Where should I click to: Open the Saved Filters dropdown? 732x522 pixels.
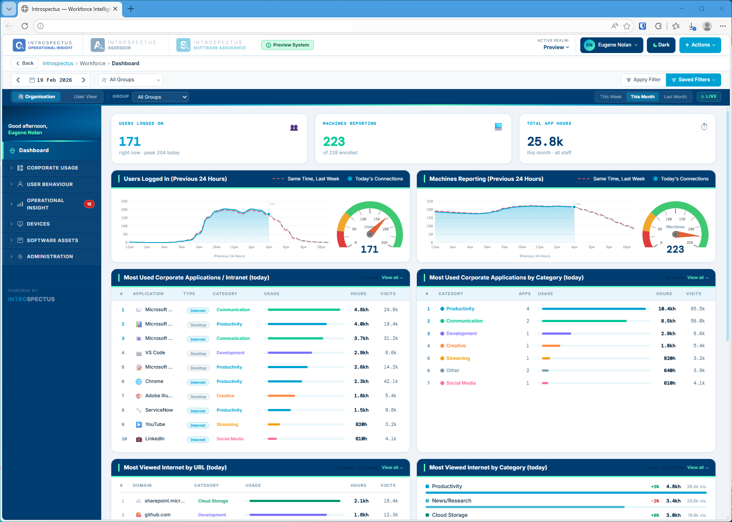click(693, 80)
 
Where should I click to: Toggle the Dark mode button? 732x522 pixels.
click(661, 45)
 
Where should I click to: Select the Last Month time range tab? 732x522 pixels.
click(675, 97)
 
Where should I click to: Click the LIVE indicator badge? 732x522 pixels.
click(709, 97)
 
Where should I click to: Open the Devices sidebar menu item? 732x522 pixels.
click(38, 224)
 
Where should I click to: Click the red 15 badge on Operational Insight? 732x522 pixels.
click(89, 204)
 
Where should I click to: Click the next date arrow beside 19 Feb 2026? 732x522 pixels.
click(83, 80)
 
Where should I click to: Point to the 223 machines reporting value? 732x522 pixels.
click(334, 142)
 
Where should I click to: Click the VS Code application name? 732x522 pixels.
click(155, 353)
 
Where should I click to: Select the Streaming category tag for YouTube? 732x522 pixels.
click(227, 425)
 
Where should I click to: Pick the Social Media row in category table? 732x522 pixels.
click(461, 383)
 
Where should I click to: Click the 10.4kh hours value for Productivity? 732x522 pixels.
click(666, 309)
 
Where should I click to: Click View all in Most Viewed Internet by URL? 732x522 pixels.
click(392, 468)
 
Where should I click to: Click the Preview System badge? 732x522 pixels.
click(287, 45)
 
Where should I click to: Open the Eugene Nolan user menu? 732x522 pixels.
click(611, 45)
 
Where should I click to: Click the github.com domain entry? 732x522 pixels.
click(157, 515)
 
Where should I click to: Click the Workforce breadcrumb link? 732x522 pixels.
click(93, 63)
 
